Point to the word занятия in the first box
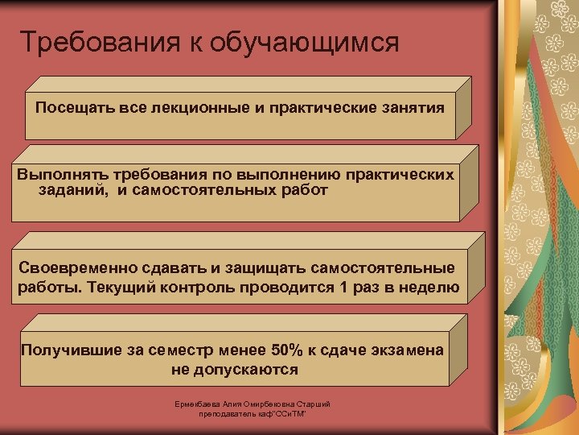410,108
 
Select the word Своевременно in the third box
74,268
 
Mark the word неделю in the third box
431,288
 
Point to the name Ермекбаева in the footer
199,404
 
